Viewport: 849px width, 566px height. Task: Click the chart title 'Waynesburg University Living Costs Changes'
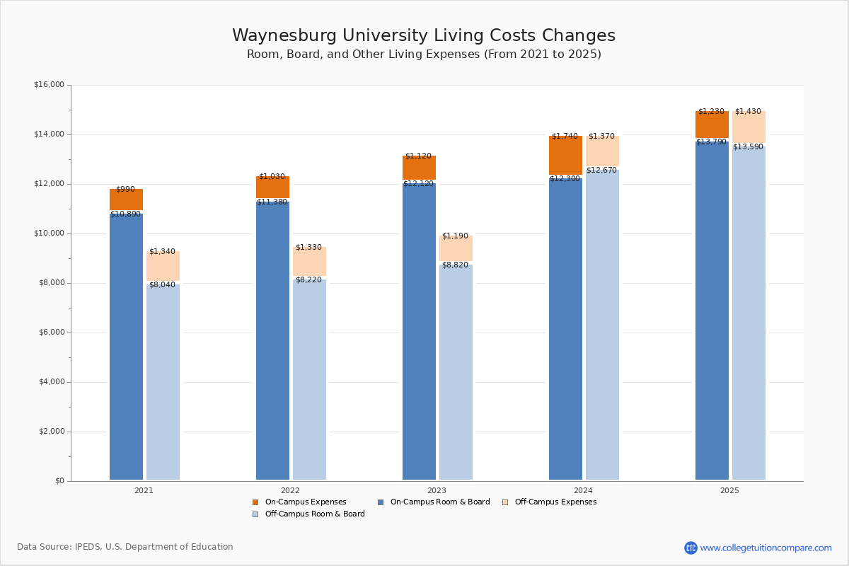pyautogui.click(x=424, y=36)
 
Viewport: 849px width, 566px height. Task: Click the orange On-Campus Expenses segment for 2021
pyautogui.click(x=126, y=200)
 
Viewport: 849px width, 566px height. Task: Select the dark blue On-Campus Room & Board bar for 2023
pyautogui.click(x=419, y=333)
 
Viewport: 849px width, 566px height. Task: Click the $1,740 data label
pyautogui.click(x=565, y=136)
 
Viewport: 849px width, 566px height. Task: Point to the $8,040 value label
pyautogui.click(x=162, y=284)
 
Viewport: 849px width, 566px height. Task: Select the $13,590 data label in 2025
pyautogui.click(x=748, y=146)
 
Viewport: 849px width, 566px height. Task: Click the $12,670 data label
pyautogui.click(x=601, y=170)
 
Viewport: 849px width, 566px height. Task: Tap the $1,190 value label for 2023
pyautogui.click(x=455, y=236)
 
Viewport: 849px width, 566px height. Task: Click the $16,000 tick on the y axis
pyautogui.click(x=49, y=85)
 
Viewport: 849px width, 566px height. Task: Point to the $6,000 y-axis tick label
pyautogui.click(x=51, y=333)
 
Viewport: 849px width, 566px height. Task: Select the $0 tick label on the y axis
pyautogui.click(x=59, y=481)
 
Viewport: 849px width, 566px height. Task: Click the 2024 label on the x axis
pyautogui.click(x=583, y=490)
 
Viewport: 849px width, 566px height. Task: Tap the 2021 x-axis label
pyautogui.click(x=144, y=490)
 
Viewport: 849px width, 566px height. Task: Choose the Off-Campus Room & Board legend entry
pyautogui.click(x=314, y=514)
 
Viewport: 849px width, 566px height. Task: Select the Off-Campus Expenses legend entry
pyautogui.click(x=555, y=502)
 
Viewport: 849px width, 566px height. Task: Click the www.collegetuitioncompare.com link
pyautogui.click(x=766, y=548)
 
